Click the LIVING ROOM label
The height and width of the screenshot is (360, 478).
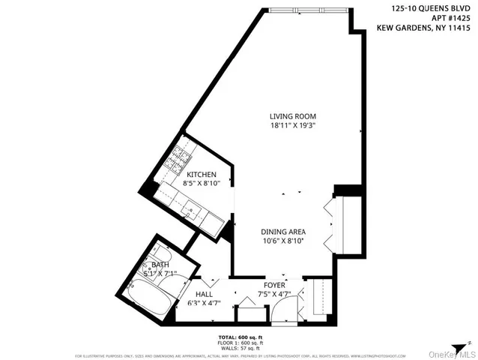293,116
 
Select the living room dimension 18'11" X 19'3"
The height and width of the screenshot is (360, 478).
293,127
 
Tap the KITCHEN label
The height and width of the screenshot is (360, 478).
202,174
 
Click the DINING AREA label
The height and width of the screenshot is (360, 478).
283,232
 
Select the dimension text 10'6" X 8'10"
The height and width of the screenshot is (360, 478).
283,241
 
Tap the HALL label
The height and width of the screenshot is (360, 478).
203,295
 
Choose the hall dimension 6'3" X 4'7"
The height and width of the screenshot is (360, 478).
203,304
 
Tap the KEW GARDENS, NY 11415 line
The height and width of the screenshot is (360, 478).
423,31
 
